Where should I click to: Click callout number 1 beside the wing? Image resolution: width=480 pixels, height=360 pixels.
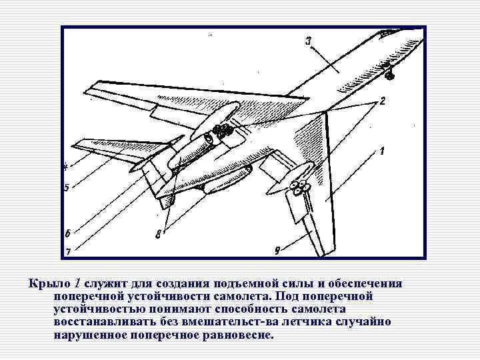382,151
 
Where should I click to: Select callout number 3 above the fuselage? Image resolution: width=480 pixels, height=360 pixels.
309,41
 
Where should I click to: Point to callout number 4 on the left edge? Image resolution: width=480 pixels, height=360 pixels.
66,166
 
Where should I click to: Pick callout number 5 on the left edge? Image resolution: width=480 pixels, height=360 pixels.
66,188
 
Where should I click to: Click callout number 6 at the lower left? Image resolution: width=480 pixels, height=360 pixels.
67,233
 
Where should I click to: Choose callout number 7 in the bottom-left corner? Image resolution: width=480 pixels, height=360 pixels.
67,251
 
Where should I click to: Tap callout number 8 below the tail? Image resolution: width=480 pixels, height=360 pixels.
158,234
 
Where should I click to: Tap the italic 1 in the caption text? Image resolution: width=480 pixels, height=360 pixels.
77,283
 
